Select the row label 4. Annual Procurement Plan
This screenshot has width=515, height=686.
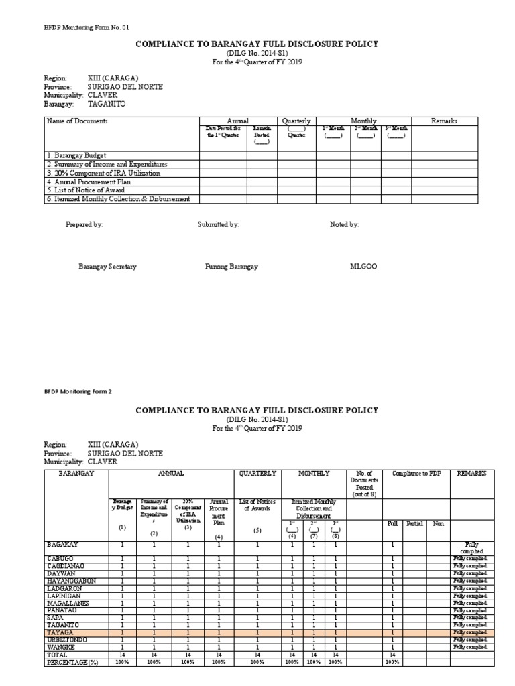tap(89, 182)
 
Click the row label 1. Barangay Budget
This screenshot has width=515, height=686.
tap(77, 155)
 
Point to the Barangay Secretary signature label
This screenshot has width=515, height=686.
tap(107, 267)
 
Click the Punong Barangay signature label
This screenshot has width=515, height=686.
tap(231, 267)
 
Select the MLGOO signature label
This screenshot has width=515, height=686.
tap(363, 267)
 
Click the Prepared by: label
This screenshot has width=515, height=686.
tap(84, 225)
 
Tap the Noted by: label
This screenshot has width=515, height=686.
tap(344, 225)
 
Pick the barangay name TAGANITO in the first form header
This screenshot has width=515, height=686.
tap(106, 105)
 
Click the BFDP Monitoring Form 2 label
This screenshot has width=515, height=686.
tap(78, 391)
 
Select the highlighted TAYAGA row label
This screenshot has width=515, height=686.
tap(60, 632)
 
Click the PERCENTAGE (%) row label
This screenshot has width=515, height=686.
tap(72, 662)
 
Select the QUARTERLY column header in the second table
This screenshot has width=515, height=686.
tap(257, 474)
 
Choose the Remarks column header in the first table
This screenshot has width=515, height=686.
tap(444, 121)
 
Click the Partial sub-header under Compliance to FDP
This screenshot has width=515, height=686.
tap(414, 523)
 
